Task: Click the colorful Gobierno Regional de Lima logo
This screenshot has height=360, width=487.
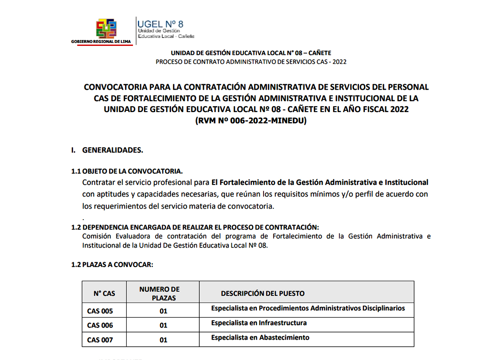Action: (x=106, y=28)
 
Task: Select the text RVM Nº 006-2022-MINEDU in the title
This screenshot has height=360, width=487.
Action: (x=251, y=121)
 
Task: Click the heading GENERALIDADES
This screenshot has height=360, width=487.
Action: (x=113, y=150)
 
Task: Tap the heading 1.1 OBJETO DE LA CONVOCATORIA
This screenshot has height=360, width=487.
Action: (x=127, y=171)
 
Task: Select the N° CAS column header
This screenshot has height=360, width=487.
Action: (x=104, y=293)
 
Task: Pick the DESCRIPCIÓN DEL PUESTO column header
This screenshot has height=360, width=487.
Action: (x=263, y=293)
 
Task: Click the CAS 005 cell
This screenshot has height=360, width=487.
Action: (x=100, y=311)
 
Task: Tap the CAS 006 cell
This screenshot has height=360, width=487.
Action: (x=100, y=325)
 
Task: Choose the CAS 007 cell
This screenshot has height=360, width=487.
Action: (x=100, y=340)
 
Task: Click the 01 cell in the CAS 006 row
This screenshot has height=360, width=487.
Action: (x=163, y=325)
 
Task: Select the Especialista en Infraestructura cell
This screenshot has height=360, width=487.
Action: (x=259, y=323)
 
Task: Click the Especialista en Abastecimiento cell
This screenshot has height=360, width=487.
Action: (x=260, y=337)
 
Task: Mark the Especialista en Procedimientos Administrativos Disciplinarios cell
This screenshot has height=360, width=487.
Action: (x=308, y=308)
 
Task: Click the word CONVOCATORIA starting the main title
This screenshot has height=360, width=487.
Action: (x=115, y=87)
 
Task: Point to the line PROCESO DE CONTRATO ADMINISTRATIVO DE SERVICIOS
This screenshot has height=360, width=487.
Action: (x=251, y=62)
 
